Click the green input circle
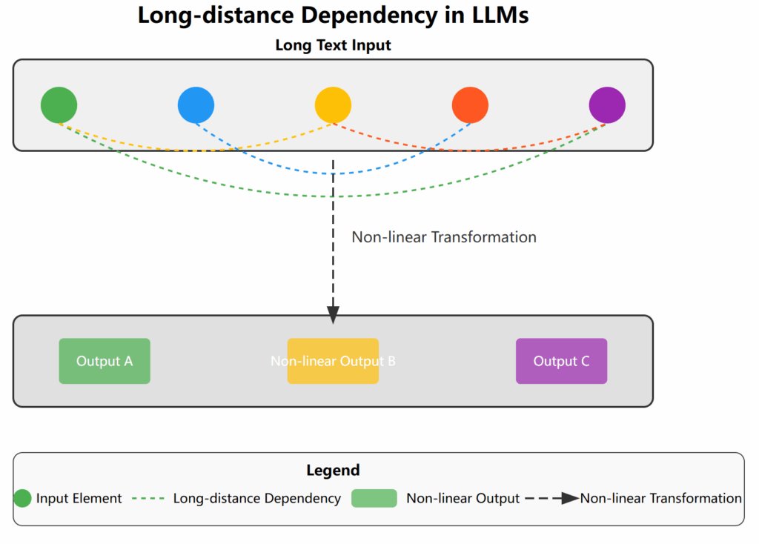(x=59, y=105)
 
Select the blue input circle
(x=196, y=105)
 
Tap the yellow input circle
(x=333, y=105)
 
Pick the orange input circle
(x=470, y=105)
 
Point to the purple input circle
(x=607, y=105)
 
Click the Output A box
(x=105, y=361)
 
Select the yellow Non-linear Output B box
(x=333, y=361)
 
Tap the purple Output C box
(x=562, y=361)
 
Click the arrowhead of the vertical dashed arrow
(x=333, y=315)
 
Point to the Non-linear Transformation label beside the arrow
(x=444, y=237)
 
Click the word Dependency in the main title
(x=369, y=16)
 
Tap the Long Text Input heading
(x=333, y=45)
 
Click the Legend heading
(x=333, y=470)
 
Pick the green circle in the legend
(x=22, y=498)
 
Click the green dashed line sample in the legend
(x=148, y=498)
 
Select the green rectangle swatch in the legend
(x=374, y=498)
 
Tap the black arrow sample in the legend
(x=551, y=498)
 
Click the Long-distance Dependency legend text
(x=257, y=499)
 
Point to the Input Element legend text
(x=79, y=499)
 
